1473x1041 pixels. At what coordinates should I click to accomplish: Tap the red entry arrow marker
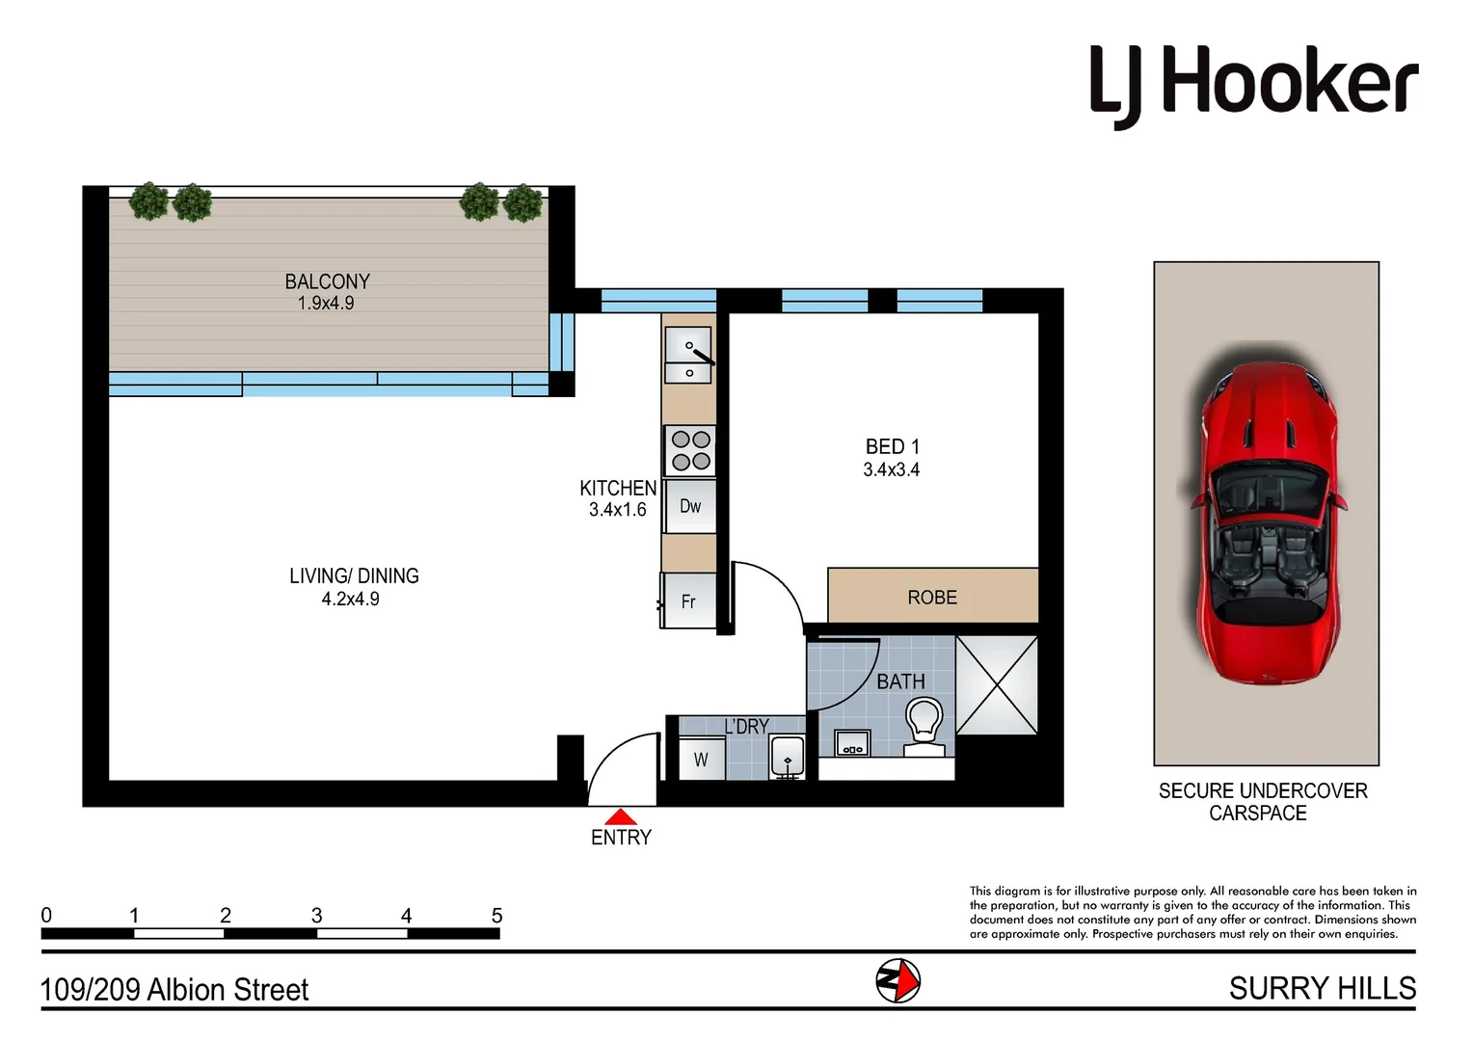(621, 816)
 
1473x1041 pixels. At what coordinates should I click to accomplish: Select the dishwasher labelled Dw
(690, 506)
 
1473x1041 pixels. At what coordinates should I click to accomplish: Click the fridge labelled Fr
(689, 601)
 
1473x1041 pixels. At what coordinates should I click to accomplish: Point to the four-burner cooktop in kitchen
(690, 450)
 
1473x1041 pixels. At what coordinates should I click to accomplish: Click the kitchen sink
(689, 356)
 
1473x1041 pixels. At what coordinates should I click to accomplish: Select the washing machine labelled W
(701, 759)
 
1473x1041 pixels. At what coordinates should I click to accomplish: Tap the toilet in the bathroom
(924, 726)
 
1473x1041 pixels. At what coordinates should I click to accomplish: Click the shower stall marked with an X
(997, 685)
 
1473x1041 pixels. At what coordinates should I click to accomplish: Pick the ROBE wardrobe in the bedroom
(932, 597)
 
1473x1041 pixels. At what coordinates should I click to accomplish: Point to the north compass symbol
(897, 981)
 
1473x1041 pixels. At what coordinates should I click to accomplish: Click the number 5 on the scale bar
(496, 916)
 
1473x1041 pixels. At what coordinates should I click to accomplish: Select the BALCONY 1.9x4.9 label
(327, 291)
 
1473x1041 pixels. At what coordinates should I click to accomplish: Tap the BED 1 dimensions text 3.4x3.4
(891, 470)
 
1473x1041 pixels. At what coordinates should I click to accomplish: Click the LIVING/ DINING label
(354, 575)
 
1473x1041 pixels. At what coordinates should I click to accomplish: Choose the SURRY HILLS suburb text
(1322, 989)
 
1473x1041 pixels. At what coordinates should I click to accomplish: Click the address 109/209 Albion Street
(174, 990)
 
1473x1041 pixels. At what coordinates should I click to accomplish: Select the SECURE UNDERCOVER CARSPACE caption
(1262, 802)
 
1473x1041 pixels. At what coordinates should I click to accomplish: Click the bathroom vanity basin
(851, 743)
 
